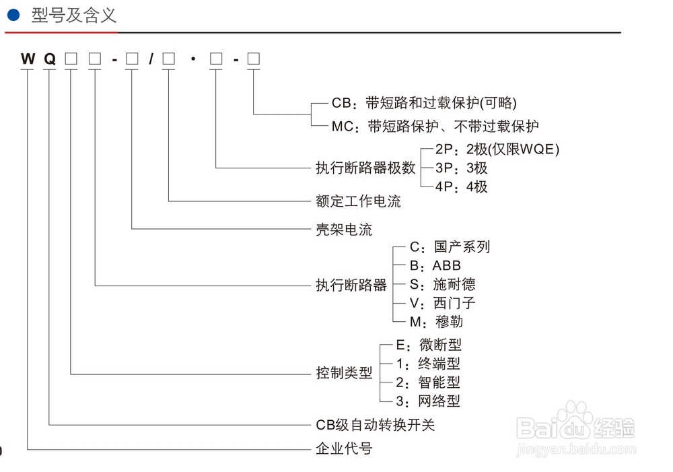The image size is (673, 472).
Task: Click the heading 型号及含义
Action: [x=74, y=15]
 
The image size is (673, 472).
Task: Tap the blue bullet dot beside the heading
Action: [x=13, y=15]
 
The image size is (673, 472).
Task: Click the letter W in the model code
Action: [x=28, y=59]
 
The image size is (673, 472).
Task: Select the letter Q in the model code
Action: [x=50, y=59]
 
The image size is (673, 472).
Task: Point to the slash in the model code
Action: [x=151, y=59]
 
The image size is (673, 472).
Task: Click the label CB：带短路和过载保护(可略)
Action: [x=424, y=104]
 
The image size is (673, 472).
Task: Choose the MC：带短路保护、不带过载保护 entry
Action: [x=435, y=126]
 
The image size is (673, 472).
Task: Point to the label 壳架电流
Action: [x=344, y=229]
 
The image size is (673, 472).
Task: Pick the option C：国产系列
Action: [x=450, y=247]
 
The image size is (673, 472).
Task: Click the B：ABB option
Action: [x=435, y=265]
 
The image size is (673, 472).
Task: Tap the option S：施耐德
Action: [x=442, y=284]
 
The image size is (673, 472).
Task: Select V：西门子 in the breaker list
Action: [x=442, y=303]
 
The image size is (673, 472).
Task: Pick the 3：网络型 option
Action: [x=428, y=401]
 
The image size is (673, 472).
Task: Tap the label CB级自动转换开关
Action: [x=376, y=425]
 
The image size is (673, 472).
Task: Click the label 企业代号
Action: [x=344, y=448]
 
